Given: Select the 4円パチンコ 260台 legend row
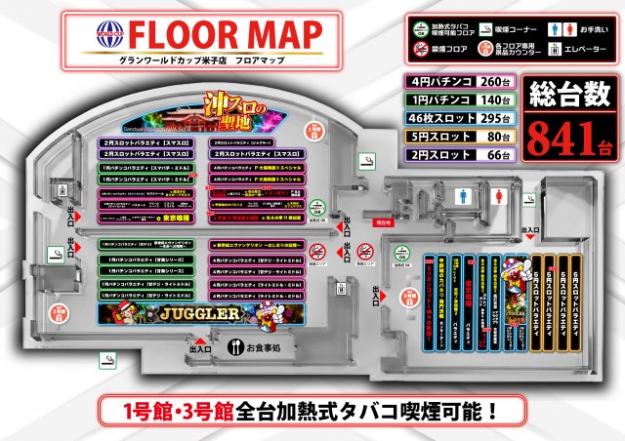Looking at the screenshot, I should (x=459, y=82).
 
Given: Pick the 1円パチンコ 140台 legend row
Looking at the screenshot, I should (x=459, y=100).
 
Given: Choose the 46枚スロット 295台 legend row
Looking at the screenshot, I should (x=459, y=118).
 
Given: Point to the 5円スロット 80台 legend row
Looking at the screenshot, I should (x=459, y=136).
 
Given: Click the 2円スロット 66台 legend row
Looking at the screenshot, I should (x=459, y=154).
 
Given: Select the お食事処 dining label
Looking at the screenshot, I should (x=263, y=346).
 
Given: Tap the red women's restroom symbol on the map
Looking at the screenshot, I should (x=501, y=194).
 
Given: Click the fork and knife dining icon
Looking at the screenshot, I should (x=234, y=346).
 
